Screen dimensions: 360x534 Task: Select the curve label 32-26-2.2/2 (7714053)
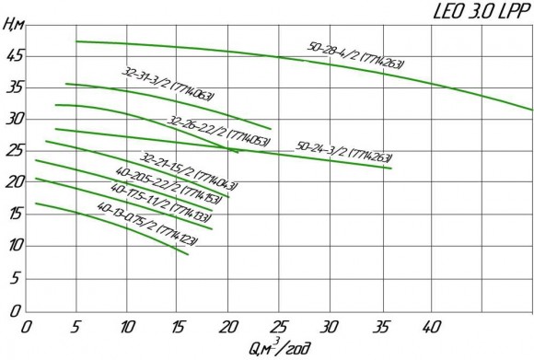pos(218,133)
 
